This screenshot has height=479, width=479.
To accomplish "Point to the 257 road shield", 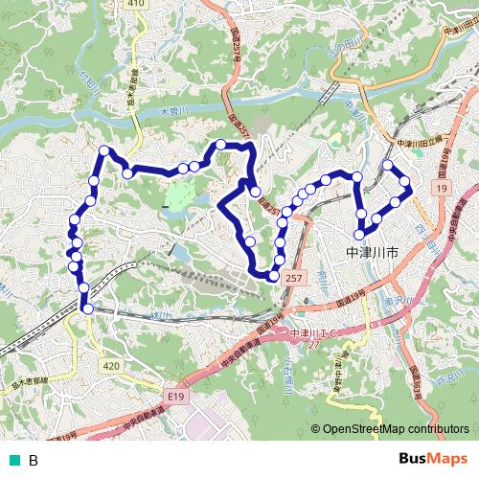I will pos(293,278).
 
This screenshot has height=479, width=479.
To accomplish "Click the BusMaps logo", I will pos(432,459).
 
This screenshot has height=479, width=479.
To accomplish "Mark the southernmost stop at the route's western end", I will pos(87,308).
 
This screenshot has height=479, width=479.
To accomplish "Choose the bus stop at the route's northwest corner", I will pos(104,149).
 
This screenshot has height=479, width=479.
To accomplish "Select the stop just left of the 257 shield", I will pos(274,277).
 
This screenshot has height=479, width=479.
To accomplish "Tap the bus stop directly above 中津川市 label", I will pos(360,235).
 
